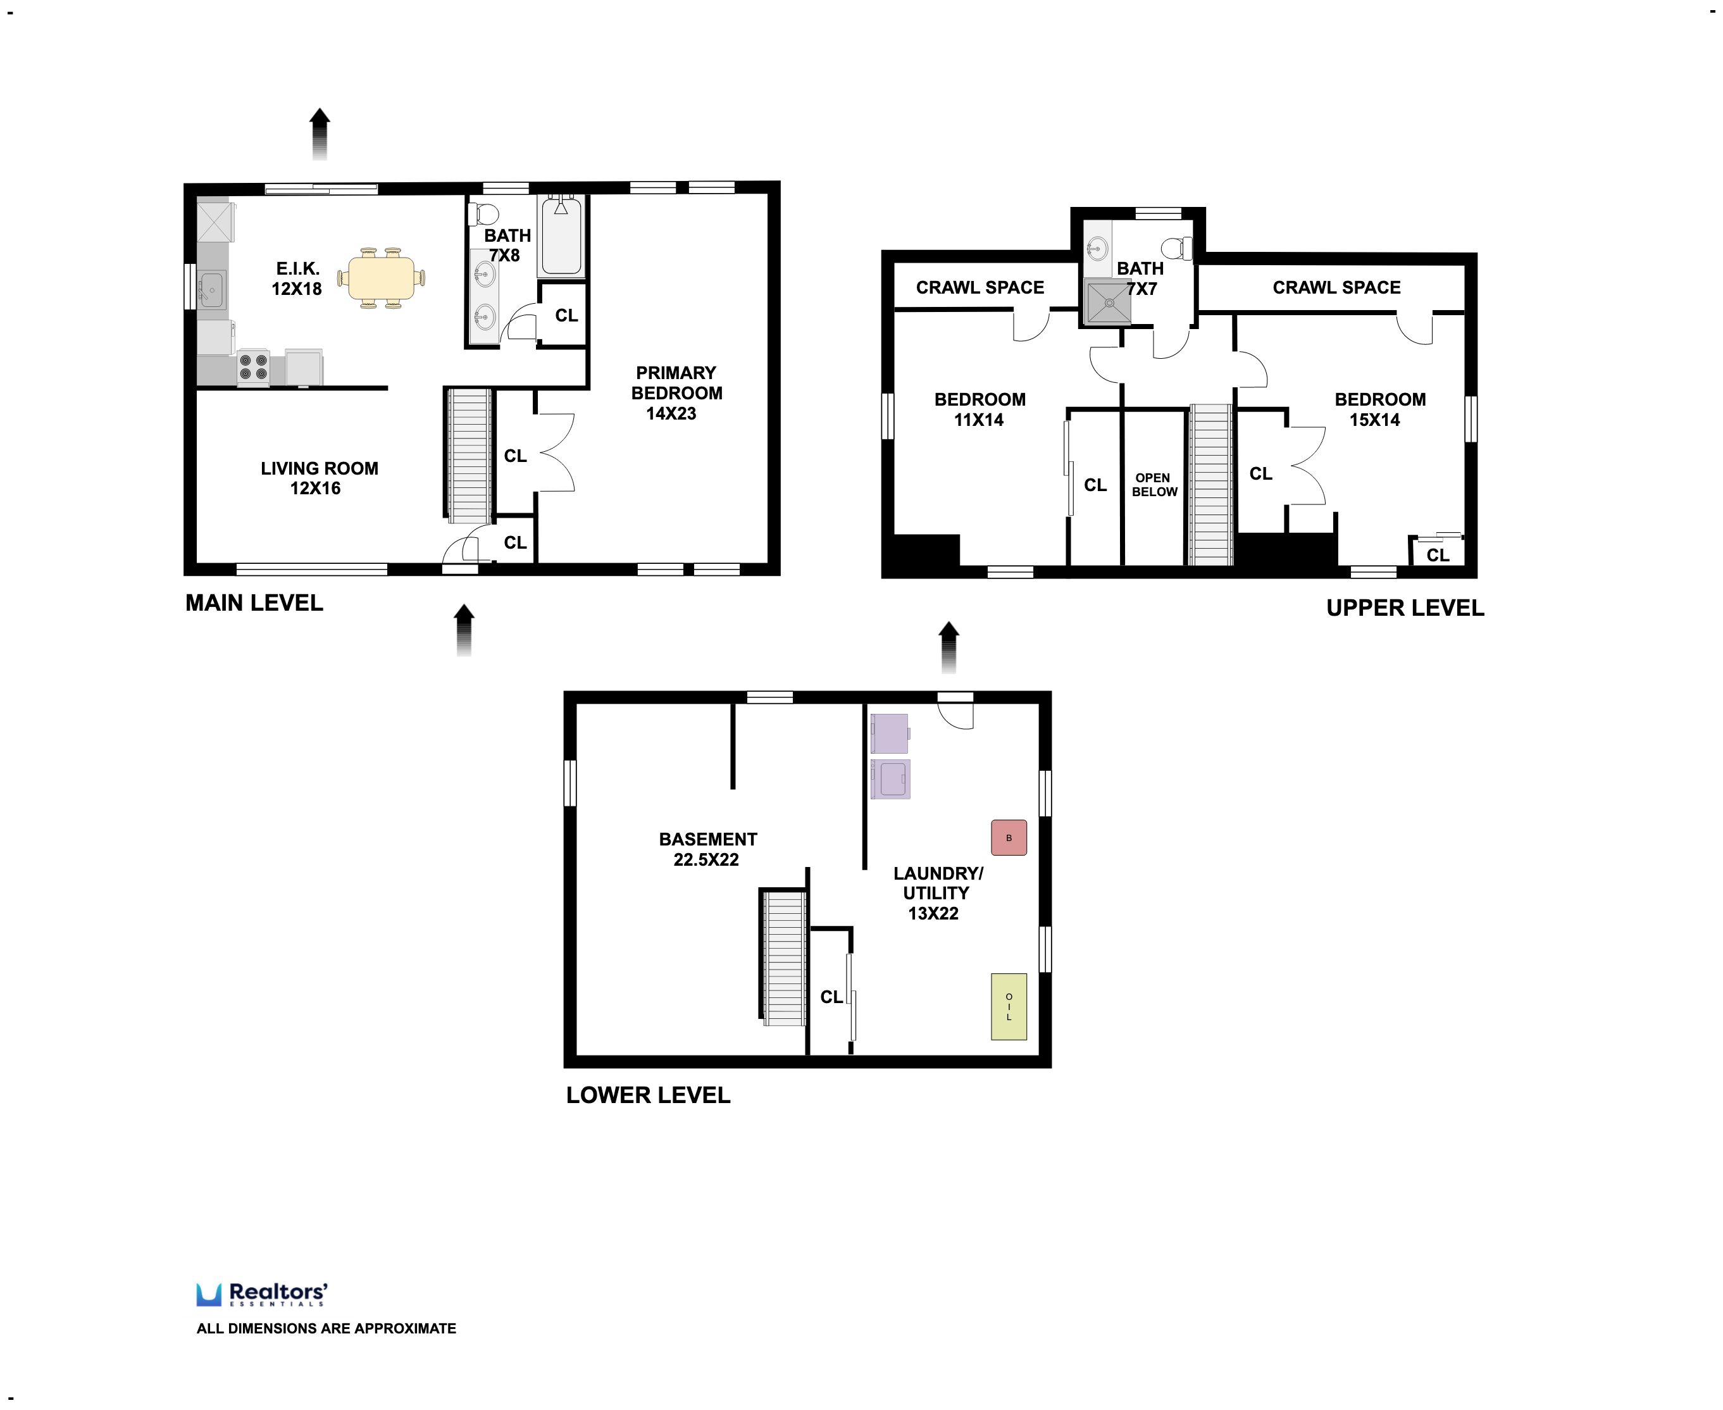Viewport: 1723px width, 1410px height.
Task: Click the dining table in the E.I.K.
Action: pos(382,278)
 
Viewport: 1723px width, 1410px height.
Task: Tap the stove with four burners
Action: pos(253,366)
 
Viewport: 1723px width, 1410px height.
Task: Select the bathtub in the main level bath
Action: pos(561,237)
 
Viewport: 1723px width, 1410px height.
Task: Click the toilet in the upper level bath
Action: pos(1174,247)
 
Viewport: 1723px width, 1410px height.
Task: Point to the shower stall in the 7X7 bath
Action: pos(1107,301)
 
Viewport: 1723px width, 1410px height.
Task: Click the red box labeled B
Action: pos(1009,837)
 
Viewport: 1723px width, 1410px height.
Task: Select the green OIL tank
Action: pos(1009,1006)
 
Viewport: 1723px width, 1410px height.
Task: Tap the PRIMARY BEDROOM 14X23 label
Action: pos(676,393)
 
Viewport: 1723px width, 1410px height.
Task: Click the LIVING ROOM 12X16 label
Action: pos(318,478)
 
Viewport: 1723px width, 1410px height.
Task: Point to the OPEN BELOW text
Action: pos(1154,485)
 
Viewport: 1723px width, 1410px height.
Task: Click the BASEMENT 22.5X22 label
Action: pos(707,849)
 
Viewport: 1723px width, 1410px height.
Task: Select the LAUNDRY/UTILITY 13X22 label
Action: pos(937,892)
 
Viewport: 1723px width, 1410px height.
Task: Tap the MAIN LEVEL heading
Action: pos(254,602)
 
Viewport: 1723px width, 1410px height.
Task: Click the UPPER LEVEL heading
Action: pos(1405,608)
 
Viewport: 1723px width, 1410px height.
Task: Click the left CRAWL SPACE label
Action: pos(980,287)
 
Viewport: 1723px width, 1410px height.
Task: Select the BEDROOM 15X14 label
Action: pos(1379,409)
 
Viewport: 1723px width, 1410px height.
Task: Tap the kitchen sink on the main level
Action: pos(211,289)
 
